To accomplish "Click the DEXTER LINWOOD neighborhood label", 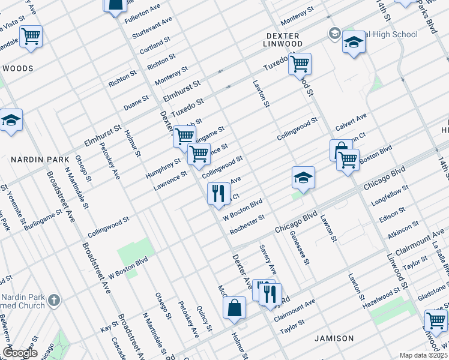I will (x=284, y=40).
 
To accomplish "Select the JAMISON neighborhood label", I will (x=334, y=338).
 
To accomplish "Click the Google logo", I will (x=20, y=353).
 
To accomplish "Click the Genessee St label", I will (x=298, y=248).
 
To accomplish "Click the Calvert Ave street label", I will (x=351, y=123).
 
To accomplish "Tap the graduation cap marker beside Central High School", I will (x=354, y=43).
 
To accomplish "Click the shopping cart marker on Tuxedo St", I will (x=300, y=63).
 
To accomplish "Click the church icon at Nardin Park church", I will (x=54, y=300).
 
